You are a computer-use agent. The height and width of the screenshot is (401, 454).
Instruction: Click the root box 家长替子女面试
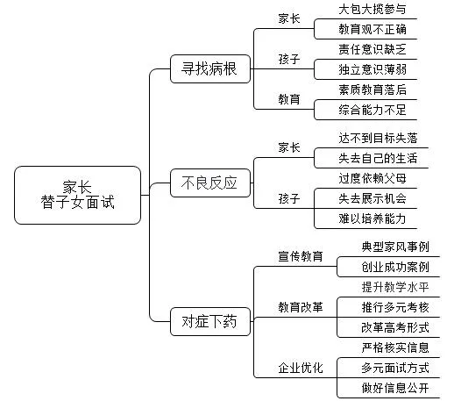coord(77,194)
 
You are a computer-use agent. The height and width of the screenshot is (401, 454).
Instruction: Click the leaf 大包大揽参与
coord(372,10)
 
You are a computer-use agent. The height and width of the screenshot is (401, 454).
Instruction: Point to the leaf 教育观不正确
coord(372,29)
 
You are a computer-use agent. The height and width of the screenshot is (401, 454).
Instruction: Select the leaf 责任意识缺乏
coord(372,49)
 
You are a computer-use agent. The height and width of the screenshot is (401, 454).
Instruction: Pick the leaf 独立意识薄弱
coord(372,68)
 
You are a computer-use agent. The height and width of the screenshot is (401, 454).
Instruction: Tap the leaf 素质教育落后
coord(372,89)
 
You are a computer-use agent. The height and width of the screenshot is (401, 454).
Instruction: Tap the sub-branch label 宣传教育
coord(301,256)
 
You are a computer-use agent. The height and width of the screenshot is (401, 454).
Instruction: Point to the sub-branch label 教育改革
coord(301,306)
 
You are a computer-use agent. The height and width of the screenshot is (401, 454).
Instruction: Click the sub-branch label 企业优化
coord(301,367)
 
